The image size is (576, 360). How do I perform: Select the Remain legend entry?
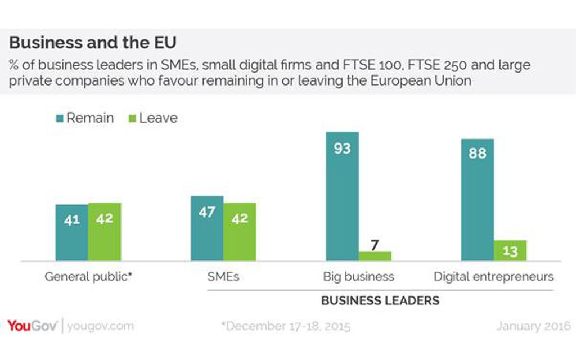85,118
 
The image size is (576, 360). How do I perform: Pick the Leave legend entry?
154,118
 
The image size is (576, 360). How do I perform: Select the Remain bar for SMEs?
207,228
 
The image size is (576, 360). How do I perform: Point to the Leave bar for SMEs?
240,232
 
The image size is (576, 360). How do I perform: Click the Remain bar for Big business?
342,196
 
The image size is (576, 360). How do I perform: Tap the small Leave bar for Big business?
375,256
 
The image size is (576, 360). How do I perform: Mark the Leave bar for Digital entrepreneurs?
510,251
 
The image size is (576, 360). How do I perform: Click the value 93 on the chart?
342,149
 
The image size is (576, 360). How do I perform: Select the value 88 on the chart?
478,153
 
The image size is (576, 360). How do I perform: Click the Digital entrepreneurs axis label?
494,277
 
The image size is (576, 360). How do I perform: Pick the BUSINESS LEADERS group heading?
380,300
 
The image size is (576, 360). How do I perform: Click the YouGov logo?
32,326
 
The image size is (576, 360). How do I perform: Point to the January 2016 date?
533,326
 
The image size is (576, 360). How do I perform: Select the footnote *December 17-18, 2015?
286,326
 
